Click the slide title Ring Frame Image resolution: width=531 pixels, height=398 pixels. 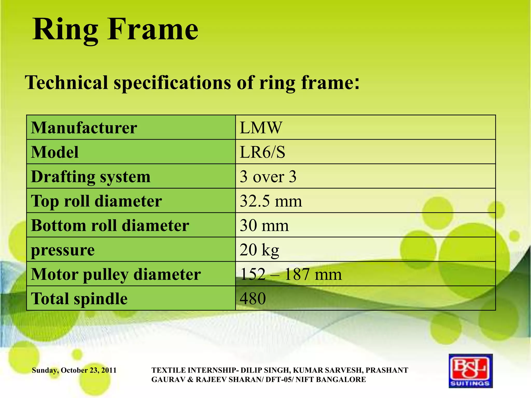tap(115, 30)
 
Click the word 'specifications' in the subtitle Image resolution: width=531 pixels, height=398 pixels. tap(172, 83)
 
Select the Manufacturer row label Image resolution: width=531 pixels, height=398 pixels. tap(84, 128)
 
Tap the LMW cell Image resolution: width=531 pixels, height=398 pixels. tap(261, 128)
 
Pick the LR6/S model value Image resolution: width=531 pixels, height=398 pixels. tap(262, 152)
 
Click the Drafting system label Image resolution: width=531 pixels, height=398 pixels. tap(90, 177)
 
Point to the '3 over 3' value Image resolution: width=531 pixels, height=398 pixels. tap(268, 177)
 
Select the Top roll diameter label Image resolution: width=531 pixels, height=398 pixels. tap(96, 201)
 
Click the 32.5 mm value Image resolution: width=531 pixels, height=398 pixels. tap(271, 201)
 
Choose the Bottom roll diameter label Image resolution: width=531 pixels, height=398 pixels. tap(110, 225)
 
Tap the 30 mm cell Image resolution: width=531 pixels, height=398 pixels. tap(264, 225)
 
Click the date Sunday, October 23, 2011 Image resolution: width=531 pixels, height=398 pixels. tap(74, 370)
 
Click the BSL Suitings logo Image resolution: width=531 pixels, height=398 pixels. tap(471, 371)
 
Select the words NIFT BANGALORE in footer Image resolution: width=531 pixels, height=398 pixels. tap(331, 380)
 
